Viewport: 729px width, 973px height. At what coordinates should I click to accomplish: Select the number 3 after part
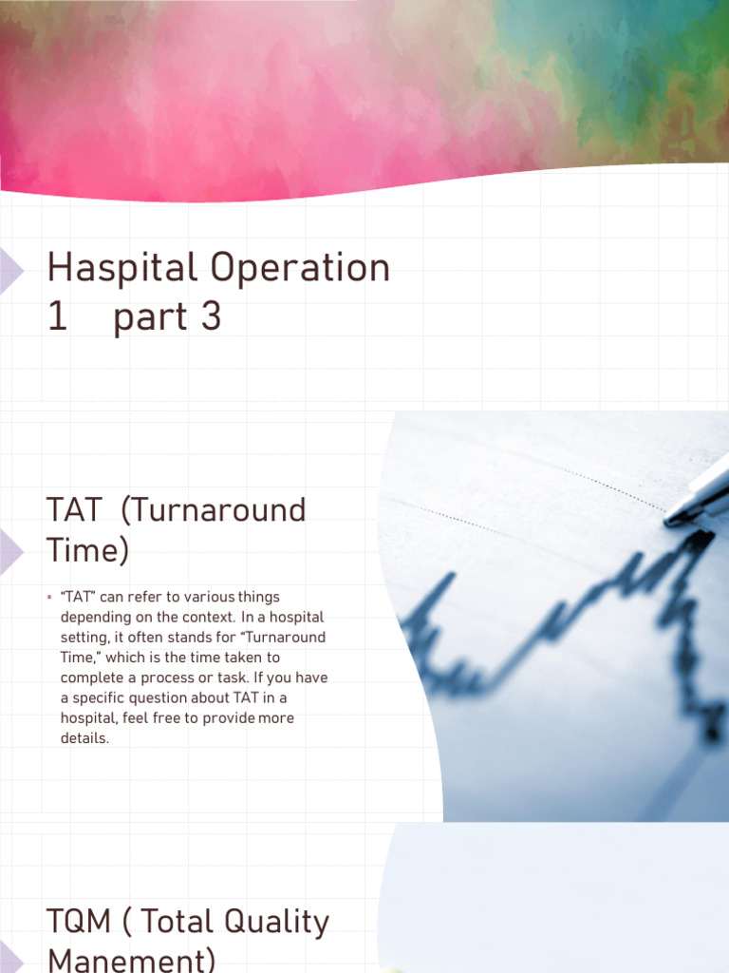pyautogui.click(x=210, y=318)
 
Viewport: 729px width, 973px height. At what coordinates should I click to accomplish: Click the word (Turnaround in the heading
pyautogui.click(x=215, y=510)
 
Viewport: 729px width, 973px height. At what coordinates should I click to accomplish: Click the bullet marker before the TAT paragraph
pyautogui.click(x=48, y=597)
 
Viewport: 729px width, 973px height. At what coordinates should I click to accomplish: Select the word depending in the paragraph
pyautogui.click(x=94, y=617)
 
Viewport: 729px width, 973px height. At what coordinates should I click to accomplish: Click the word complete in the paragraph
pyautogui.click(x=92, y=677)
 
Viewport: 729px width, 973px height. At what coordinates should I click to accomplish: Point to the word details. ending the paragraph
pyautogui.click(x=84, y=738)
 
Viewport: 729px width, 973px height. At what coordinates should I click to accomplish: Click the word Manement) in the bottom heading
pyautogui.click(x=131, y=961)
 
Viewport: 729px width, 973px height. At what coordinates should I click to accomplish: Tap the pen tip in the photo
pyautogui.click(x=671, y=518)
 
